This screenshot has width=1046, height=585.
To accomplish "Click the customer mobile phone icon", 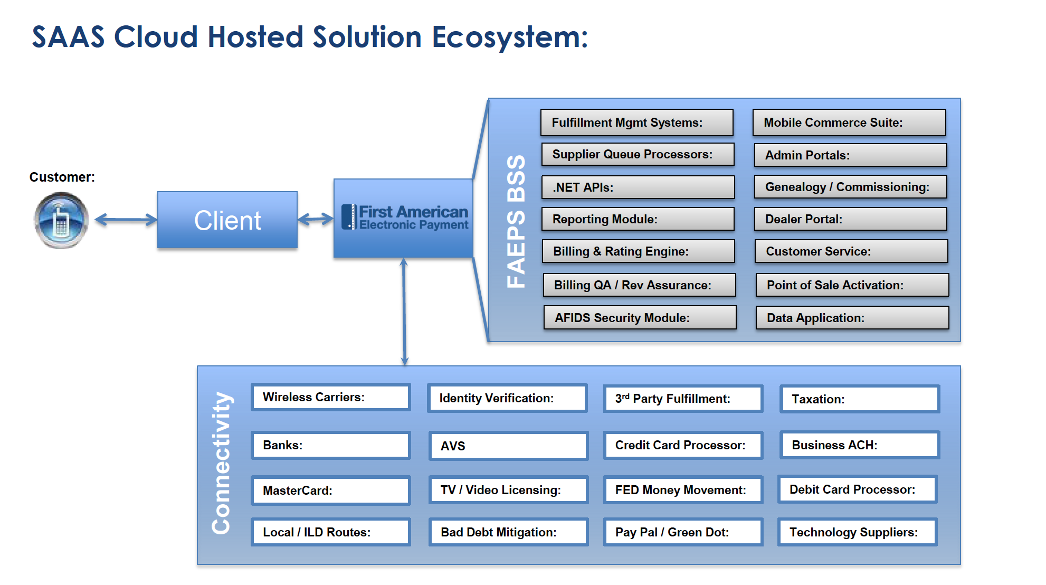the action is point(61,220).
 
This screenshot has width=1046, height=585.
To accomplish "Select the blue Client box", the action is point(227,220).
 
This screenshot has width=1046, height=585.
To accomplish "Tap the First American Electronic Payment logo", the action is point(405,217).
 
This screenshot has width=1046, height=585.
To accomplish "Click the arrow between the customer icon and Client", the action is point(126,220).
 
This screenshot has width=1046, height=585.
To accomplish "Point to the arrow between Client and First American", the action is point(316,219).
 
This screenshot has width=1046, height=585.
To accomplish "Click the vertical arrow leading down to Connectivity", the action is point(404,312).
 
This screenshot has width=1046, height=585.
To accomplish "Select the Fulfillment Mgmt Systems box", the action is point(637,122).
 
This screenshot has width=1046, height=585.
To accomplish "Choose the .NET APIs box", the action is point(638,187).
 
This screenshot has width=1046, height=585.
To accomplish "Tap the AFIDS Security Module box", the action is point(640,317).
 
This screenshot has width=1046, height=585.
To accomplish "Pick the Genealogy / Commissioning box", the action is point(851,187).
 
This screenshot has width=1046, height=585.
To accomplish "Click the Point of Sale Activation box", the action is point(852,285).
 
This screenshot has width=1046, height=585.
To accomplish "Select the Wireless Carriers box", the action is point(331,397).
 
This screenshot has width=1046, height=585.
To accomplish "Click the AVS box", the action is point(509,446).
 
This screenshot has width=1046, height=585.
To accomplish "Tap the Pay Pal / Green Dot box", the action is point(683,532).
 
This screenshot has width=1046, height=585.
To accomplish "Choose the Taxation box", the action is point(860,399).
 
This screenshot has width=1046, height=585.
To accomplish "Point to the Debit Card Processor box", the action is point(858,489).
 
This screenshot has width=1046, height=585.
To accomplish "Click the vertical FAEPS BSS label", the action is point(516,221).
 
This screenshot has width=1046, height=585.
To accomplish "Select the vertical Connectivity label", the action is point(221,463).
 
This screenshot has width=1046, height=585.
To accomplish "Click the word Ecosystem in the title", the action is point(510,37).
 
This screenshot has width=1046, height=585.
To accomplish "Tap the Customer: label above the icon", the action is point(62,177).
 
